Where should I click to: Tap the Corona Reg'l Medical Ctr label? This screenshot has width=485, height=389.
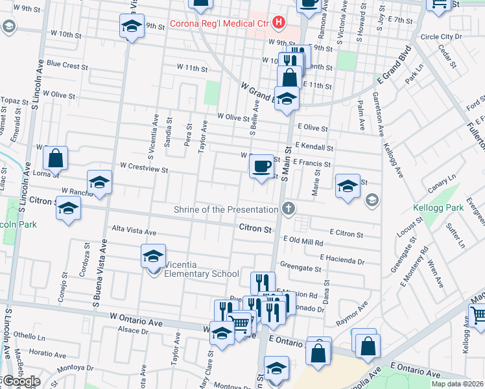point(219,25)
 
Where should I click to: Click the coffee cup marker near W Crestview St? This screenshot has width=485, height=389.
point(261,167)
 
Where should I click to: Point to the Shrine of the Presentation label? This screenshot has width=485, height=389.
point(226,209)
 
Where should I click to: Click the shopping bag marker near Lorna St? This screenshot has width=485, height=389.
point(56,158)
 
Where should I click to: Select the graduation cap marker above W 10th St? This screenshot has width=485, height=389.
point(132,27)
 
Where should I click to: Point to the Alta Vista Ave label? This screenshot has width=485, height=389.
point(134,231)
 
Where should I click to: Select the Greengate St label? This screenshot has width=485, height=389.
point(300,267)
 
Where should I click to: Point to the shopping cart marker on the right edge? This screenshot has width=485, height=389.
point(478,316)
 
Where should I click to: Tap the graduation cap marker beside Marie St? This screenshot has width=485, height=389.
point(348,186)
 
